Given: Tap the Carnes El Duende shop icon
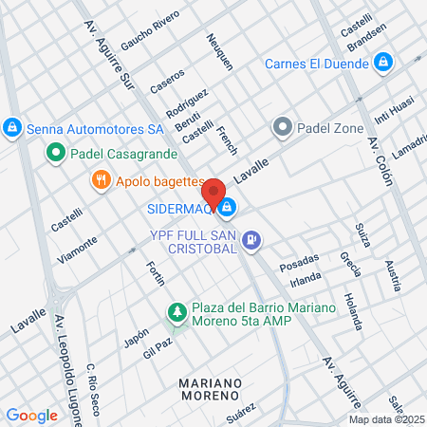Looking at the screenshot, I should [382, 63].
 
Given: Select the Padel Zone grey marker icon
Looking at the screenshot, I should [282, 126].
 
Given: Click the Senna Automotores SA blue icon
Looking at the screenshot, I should [11, 126].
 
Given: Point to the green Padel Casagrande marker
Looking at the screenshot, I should [56, 152].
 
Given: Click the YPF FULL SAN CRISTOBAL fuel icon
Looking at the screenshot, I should [251, 241].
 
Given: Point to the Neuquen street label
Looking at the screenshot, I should [219, 53].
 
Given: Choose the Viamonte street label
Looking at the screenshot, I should [78, 250].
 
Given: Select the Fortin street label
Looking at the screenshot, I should [156, 276].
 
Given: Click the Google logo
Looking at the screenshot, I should [31, 415].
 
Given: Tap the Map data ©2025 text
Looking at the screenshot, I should [386, 419].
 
